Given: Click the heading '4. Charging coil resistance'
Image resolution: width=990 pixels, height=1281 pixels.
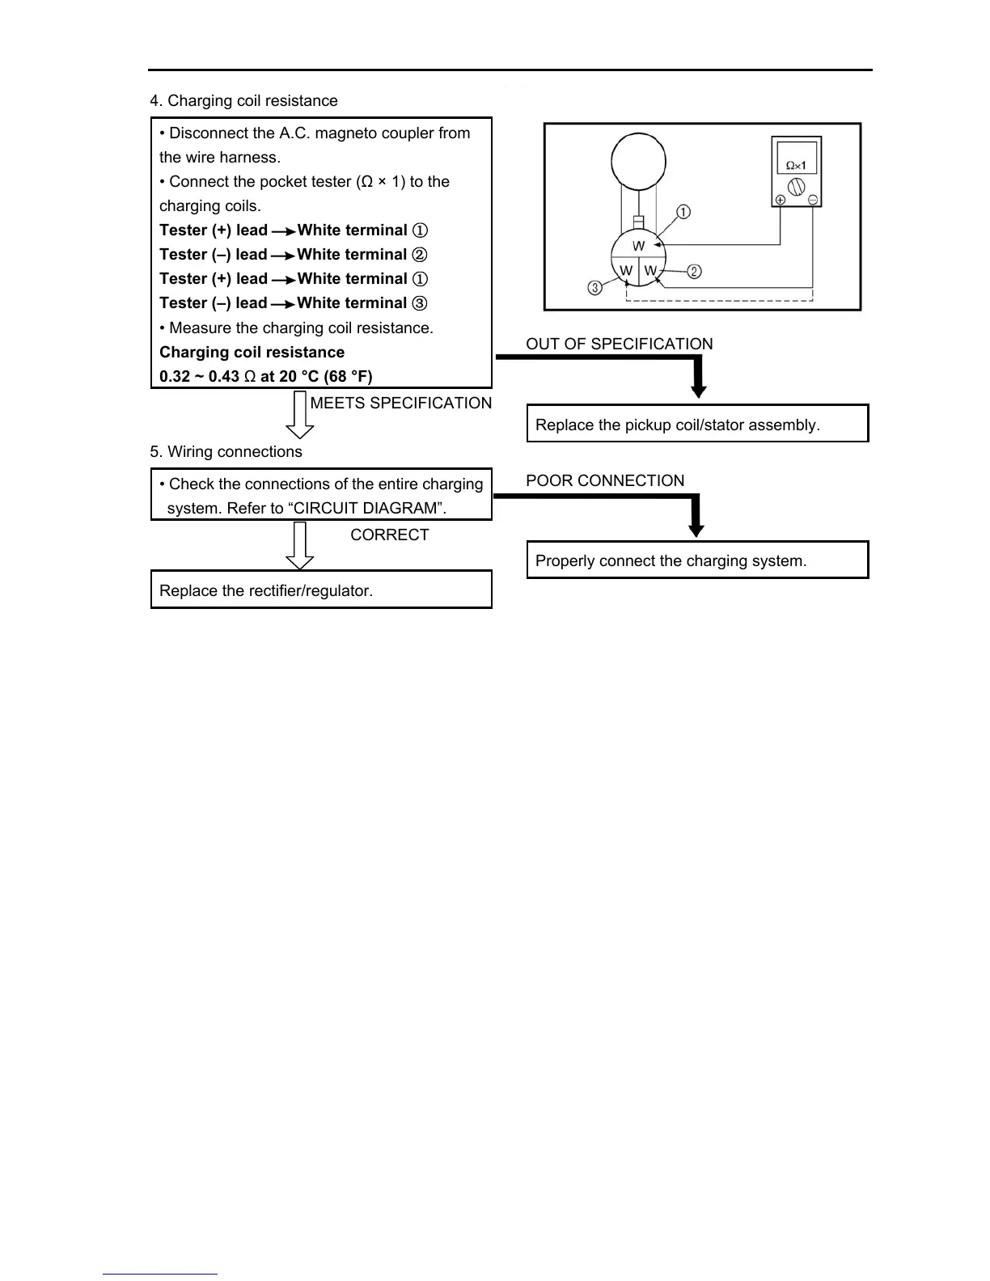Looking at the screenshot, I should point(243,101).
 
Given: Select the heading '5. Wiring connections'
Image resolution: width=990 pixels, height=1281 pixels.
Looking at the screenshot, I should point(226,452).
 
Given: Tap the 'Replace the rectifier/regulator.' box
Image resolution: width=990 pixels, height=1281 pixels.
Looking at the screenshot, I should point(321,590).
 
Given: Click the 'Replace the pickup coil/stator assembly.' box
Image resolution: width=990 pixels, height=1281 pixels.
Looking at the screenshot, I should point(697,425).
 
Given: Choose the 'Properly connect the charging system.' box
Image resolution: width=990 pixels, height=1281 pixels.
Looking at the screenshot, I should point(697,560).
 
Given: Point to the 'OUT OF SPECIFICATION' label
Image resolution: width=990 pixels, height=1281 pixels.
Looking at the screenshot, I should point(619,345).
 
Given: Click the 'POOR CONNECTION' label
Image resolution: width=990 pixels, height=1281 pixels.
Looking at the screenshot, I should point(605,481).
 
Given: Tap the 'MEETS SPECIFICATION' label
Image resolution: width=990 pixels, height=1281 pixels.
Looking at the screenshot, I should point(400,404).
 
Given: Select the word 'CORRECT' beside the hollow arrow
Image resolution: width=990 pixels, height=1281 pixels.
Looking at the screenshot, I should point(389,535).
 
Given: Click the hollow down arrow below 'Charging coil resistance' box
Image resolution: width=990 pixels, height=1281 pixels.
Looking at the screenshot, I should point(300,414).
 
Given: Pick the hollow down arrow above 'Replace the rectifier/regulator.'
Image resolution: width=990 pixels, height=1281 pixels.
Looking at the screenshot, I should point(300,546).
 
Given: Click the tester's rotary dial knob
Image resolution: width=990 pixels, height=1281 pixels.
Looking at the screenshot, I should point(796,188).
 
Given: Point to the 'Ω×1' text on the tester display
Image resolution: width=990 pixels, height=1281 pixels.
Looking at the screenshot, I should point(796,165).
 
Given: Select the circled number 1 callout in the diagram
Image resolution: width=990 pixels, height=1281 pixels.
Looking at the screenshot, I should point(683,213).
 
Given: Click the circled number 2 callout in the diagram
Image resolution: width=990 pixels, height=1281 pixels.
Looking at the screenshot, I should point(694,272).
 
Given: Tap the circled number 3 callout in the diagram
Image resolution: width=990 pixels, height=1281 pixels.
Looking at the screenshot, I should point(595,288).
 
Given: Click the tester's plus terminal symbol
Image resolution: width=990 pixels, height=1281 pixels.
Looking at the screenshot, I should point(780,201).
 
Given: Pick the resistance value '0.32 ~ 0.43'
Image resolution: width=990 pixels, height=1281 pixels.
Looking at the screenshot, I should point(199,377).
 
